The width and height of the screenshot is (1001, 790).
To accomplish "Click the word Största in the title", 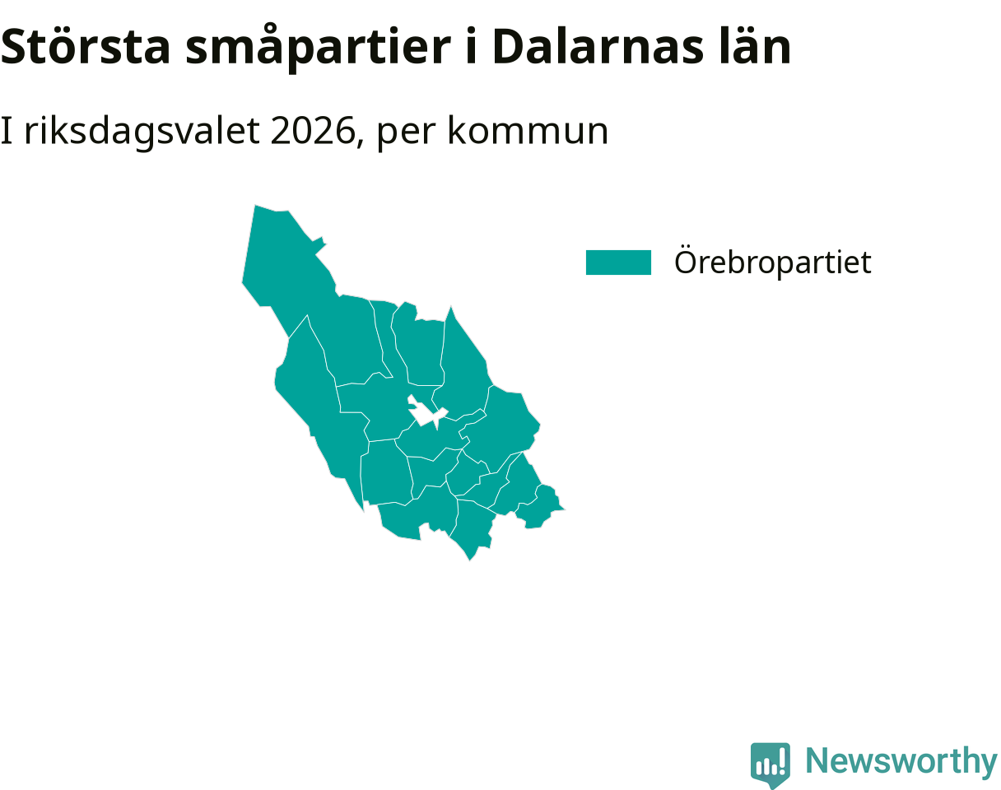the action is point(86,47).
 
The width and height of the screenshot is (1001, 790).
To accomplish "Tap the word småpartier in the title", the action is point(318,49).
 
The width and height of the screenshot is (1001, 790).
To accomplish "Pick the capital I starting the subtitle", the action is point(7,131).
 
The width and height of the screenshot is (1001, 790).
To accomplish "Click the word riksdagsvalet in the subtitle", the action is point(142,132).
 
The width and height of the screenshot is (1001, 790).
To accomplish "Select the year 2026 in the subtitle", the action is point(313,131).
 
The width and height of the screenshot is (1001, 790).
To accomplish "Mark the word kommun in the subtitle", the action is point(528,131).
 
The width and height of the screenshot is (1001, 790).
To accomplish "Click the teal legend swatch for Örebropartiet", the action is point(618,263).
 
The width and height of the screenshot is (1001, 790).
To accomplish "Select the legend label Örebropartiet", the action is point(773,262).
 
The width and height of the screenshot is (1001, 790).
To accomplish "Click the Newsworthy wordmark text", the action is point(901,760).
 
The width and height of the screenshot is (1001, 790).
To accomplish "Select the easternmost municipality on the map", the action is point(539,506).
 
